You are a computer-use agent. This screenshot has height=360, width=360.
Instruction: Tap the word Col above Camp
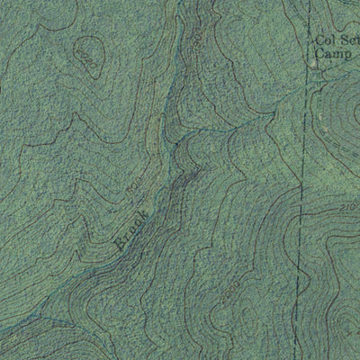(324, 40)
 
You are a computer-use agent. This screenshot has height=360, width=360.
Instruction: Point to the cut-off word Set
(349, 40)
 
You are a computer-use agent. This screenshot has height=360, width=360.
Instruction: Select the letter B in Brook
(120, 243)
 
